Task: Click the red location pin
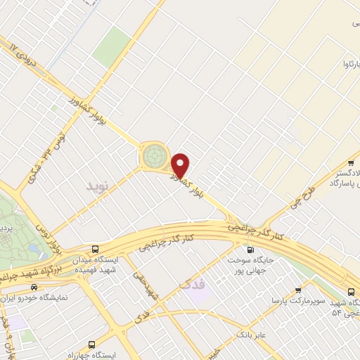click(x=181, y=165)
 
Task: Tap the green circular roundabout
click(x=155, y=156)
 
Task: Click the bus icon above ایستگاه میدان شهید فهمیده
click(x=96, y=249)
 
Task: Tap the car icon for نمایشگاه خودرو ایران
click(x=33, y=287)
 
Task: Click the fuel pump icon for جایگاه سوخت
click(x=248, y=249)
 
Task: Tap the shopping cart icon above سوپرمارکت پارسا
click(x=298, y=289)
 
